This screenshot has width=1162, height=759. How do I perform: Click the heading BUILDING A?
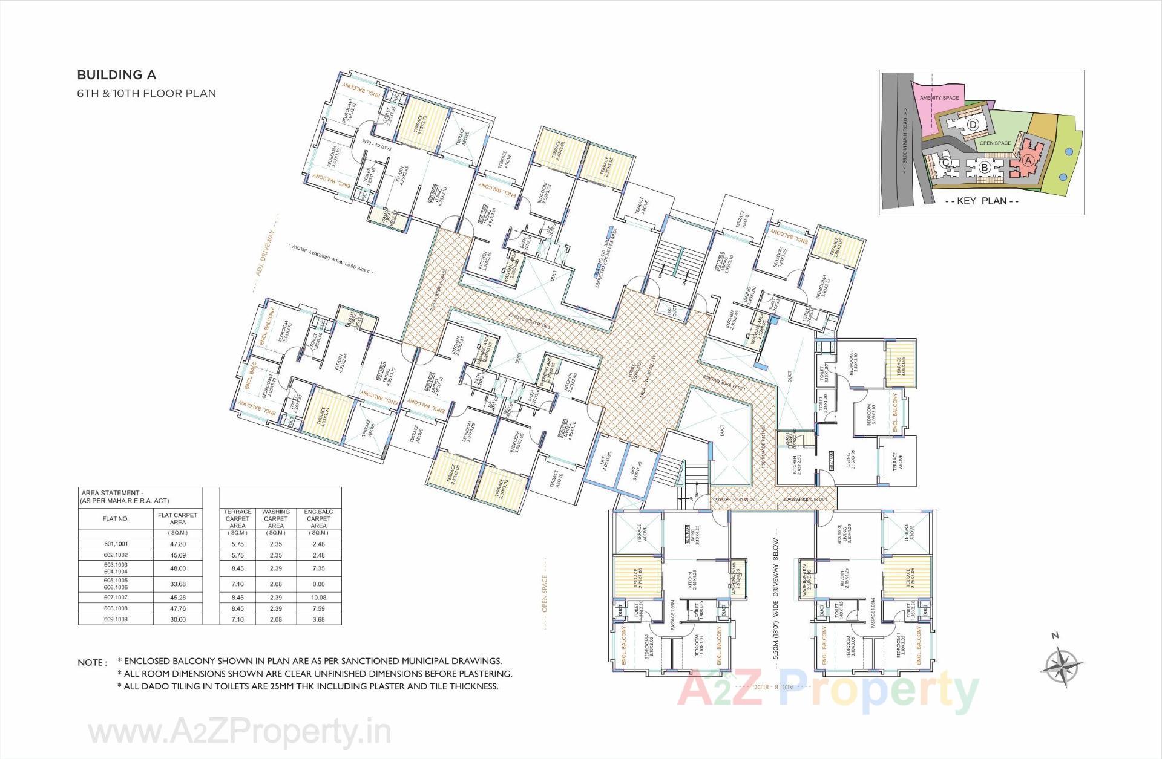click(x=116, y=75)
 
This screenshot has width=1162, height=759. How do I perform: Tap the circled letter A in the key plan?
click(x=1027, y=160)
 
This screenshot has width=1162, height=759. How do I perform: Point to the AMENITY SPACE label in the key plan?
click(x=939, y=98)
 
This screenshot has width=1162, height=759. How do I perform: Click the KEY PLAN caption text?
click(x=981, y=201)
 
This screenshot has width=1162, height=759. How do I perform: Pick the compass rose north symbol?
click(x=1062, y=666)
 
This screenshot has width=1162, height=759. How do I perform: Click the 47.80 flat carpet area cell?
click(x=178, y=544)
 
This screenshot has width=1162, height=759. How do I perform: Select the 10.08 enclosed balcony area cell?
click(x=318, y=598)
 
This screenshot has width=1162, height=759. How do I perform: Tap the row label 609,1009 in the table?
click(x=116, y=619)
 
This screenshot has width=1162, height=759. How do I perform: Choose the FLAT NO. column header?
click(x=116, y=519)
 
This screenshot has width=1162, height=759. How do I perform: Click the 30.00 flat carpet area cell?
click(x=178, y=619)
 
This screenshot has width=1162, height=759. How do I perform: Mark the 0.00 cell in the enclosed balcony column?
click(x=318, y=584)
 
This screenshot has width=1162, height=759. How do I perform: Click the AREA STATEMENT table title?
click(x=125, y=497)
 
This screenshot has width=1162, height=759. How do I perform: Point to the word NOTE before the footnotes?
click(x=92, y=663)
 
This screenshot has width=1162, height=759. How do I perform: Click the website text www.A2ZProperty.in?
click(x=240, y=733)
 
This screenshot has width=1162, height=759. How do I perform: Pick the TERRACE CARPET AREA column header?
click(x=237, y=519)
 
